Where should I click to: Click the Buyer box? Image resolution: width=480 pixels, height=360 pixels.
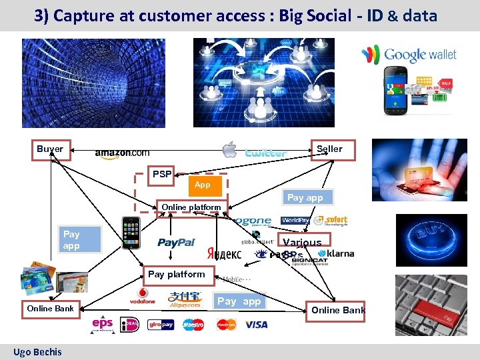click(51, 149)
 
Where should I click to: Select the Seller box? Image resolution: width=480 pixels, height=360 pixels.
click(329, 149)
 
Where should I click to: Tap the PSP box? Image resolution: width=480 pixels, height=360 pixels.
click(161, 175)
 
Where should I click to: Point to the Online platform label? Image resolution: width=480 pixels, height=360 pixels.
click(191, 207)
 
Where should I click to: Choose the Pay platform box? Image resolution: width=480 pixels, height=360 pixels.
click(177, 274)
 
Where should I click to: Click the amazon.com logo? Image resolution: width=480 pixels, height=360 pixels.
click(122, 153)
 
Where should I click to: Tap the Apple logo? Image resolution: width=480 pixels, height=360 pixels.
click(230, 149)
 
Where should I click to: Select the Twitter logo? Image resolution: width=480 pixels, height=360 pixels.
click(266, 153)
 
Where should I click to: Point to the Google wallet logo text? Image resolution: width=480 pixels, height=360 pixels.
click(420, 55)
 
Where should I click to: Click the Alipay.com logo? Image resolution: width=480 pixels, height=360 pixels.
click(185, 299)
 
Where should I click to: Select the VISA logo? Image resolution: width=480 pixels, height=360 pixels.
click(257, 325)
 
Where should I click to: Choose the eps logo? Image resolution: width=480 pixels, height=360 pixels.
click(103, 324)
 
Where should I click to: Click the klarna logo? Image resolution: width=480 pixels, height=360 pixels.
click(336, 254)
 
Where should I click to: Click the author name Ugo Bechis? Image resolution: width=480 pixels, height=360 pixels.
click(37, 351)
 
